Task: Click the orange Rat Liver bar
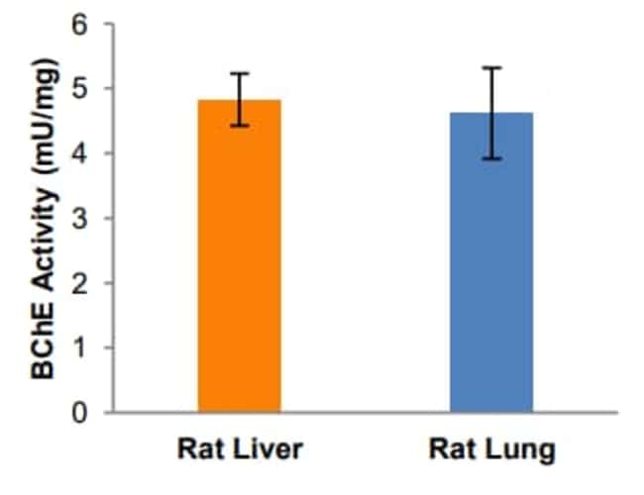click(x=239, y=257)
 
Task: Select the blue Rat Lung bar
click(x=491, y=262)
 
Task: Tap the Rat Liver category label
click(x=239, y=450)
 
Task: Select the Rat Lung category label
click(x=491, y=450)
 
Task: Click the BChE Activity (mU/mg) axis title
click(x=42, y=218)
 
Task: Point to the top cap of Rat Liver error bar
click(x=239, y=73)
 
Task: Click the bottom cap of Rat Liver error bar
click(x=239, y=126)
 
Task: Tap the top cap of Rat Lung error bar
click(x=491, y=67)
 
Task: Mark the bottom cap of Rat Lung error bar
click(x=491, y=158)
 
